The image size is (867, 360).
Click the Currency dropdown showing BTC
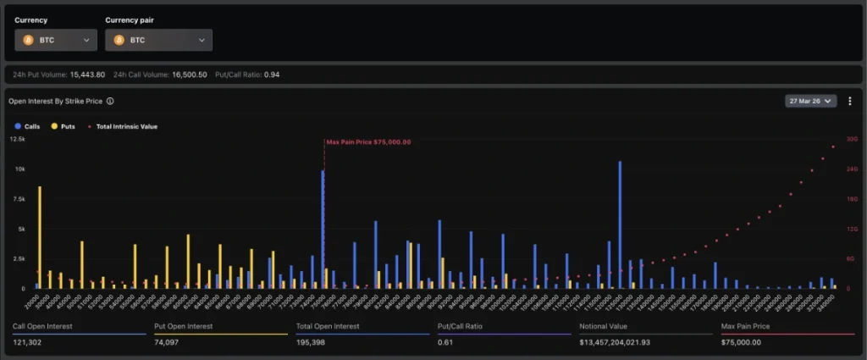click(57, 40)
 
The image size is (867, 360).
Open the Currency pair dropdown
click(158, 40)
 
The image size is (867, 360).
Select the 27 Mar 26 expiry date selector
click(810, 101)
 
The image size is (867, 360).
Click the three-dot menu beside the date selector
click(849, 101)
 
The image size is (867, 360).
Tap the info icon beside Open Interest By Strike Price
click(110, 101)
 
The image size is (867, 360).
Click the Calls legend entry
click(28, 126)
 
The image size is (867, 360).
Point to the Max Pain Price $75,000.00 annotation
click(368, 142)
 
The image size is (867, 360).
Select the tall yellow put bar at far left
click(40, 237)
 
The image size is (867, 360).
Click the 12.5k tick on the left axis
click(18, 139)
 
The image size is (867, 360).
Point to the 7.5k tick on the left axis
click(18, 199)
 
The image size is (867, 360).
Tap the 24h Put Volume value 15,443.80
click(87, 75)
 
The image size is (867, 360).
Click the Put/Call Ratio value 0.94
click(271, 75)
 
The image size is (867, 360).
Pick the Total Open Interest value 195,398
click(313, 342)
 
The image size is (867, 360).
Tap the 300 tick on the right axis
click(852, 139)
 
